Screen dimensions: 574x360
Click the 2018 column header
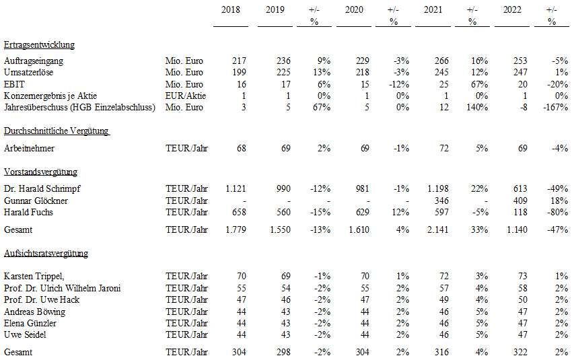(231, 9)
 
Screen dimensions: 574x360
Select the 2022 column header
(512, 9)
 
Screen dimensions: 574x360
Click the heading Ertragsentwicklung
(39, 44)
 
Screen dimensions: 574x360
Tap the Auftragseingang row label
(34, 61)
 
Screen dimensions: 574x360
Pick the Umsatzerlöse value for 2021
(441, 72)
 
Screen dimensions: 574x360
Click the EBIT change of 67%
(480, 84)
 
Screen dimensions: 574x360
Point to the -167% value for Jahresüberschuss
(556, 107)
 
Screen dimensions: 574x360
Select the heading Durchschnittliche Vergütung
(57, 131)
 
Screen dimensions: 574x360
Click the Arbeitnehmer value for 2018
(241, 148)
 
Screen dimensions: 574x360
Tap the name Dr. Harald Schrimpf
(42, 188)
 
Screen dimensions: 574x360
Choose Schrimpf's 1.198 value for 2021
(438, 188)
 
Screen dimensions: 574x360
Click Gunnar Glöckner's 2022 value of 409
(520, 201)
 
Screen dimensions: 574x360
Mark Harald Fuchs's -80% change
(558, 212)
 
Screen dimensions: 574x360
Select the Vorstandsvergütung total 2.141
(437, 229)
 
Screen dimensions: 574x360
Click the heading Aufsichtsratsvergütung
(46, 254)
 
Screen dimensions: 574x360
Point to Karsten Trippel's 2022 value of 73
(523, 276)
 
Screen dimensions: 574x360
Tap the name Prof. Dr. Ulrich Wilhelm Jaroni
(62, 288)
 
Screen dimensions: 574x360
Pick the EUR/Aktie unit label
(186, 96)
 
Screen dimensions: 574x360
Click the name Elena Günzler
(30, 324)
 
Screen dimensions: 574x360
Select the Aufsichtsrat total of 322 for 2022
(520, 352)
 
